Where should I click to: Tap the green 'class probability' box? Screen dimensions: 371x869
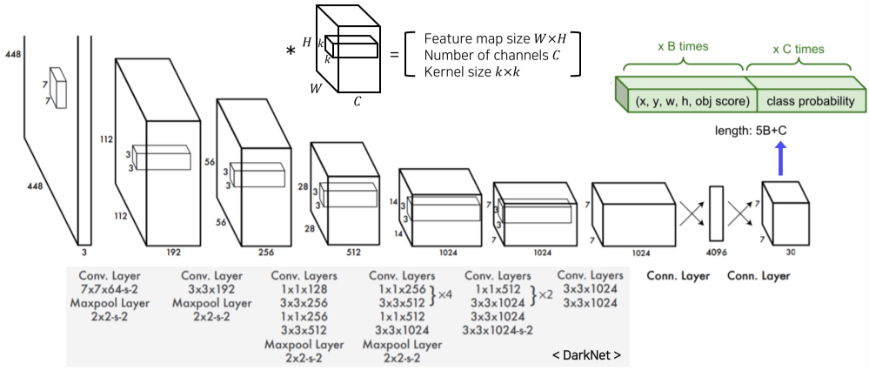click(x=810, y=102)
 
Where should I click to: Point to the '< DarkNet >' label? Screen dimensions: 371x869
click(x=586, y=355)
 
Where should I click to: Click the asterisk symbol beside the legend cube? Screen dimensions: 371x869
click(x=291, y=51)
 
